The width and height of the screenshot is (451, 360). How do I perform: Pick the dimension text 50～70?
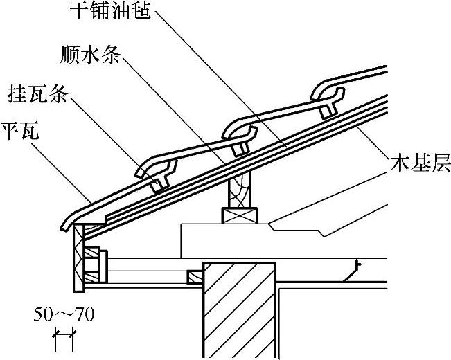point(64,316)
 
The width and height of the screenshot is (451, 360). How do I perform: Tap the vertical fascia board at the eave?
point(77,256)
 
